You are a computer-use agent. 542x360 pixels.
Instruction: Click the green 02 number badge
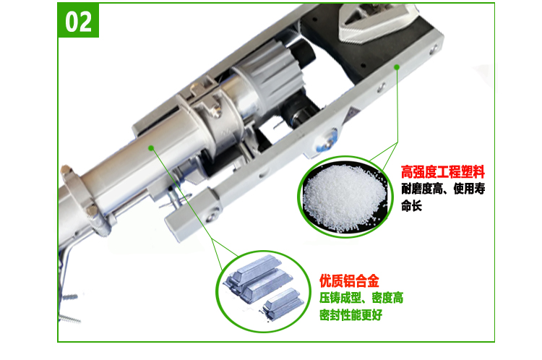78,20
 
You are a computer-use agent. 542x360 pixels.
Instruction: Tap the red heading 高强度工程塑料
443,172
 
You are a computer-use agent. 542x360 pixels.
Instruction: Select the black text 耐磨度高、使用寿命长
443,197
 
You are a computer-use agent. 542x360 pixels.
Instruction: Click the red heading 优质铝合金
349,280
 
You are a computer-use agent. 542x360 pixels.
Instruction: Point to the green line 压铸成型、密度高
361,298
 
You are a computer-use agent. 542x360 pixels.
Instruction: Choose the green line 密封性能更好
350,315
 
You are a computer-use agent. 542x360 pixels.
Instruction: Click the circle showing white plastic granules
345,197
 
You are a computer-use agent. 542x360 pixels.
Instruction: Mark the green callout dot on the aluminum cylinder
151,148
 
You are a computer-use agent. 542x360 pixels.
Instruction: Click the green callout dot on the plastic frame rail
397,67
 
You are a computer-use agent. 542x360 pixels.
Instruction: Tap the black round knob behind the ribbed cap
304,52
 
